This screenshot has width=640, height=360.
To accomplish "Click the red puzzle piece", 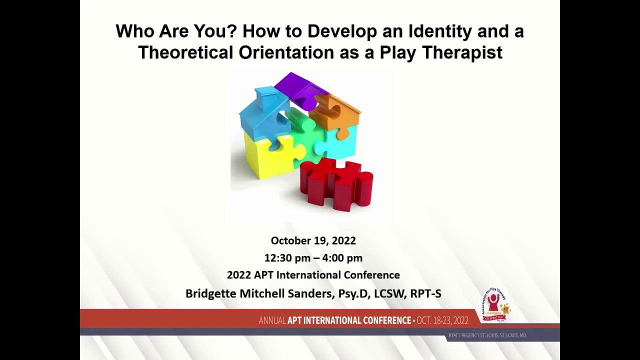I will (336, 184).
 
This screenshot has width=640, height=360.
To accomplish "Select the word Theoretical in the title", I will (186, 52).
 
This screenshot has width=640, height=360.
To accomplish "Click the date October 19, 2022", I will (313, 240).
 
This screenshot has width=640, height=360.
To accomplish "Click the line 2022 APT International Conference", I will (313, 275).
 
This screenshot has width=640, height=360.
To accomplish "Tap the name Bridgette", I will (210, 293).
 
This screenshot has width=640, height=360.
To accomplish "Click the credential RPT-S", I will (425, 293).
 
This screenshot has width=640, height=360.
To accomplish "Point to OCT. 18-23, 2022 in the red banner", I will (442, 320).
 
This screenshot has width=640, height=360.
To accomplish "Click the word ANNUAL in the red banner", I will (272, 320).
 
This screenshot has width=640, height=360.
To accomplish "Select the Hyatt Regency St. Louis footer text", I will (487, 335).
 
